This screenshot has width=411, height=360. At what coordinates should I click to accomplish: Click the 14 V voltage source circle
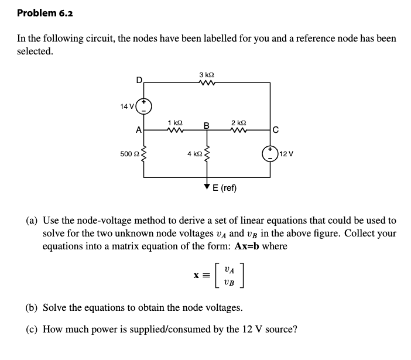(x=144, y=106)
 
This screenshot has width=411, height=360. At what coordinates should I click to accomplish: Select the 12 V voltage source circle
(x=271, y=153)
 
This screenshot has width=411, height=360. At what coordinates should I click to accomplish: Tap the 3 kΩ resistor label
(x=206, y=74)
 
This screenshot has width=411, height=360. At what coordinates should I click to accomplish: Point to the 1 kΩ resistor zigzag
(x=175, y=131)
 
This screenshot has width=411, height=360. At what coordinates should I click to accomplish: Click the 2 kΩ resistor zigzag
(x=238, y=131)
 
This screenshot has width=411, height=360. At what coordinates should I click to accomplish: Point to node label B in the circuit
(x=206, y=125)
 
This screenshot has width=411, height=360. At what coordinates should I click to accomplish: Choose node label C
(x=275, y=130)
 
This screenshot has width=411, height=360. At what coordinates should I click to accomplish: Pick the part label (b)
(x=33, y=307)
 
